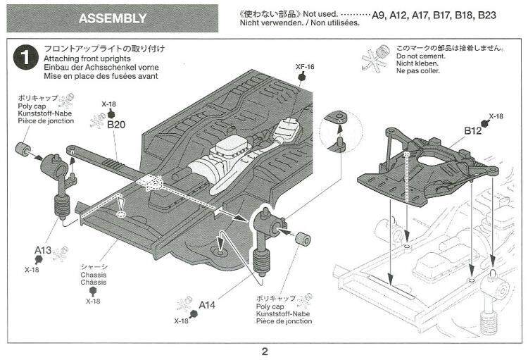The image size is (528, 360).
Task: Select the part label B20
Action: pos(116,124)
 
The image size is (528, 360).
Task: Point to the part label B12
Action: pos(472,130)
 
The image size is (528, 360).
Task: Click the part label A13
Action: pos(43,249)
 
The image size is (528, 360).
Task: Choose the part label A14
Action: pos(207,305)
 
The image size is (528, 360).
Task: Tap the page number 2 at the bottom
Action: pos(264,350)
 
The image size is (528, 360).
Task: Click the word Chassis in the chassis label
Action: pos(93,275)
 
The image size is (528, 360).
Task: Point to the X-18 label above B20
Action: pos(108,104)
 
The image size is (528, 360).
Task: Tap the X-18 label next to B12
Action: pos(496,116)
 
